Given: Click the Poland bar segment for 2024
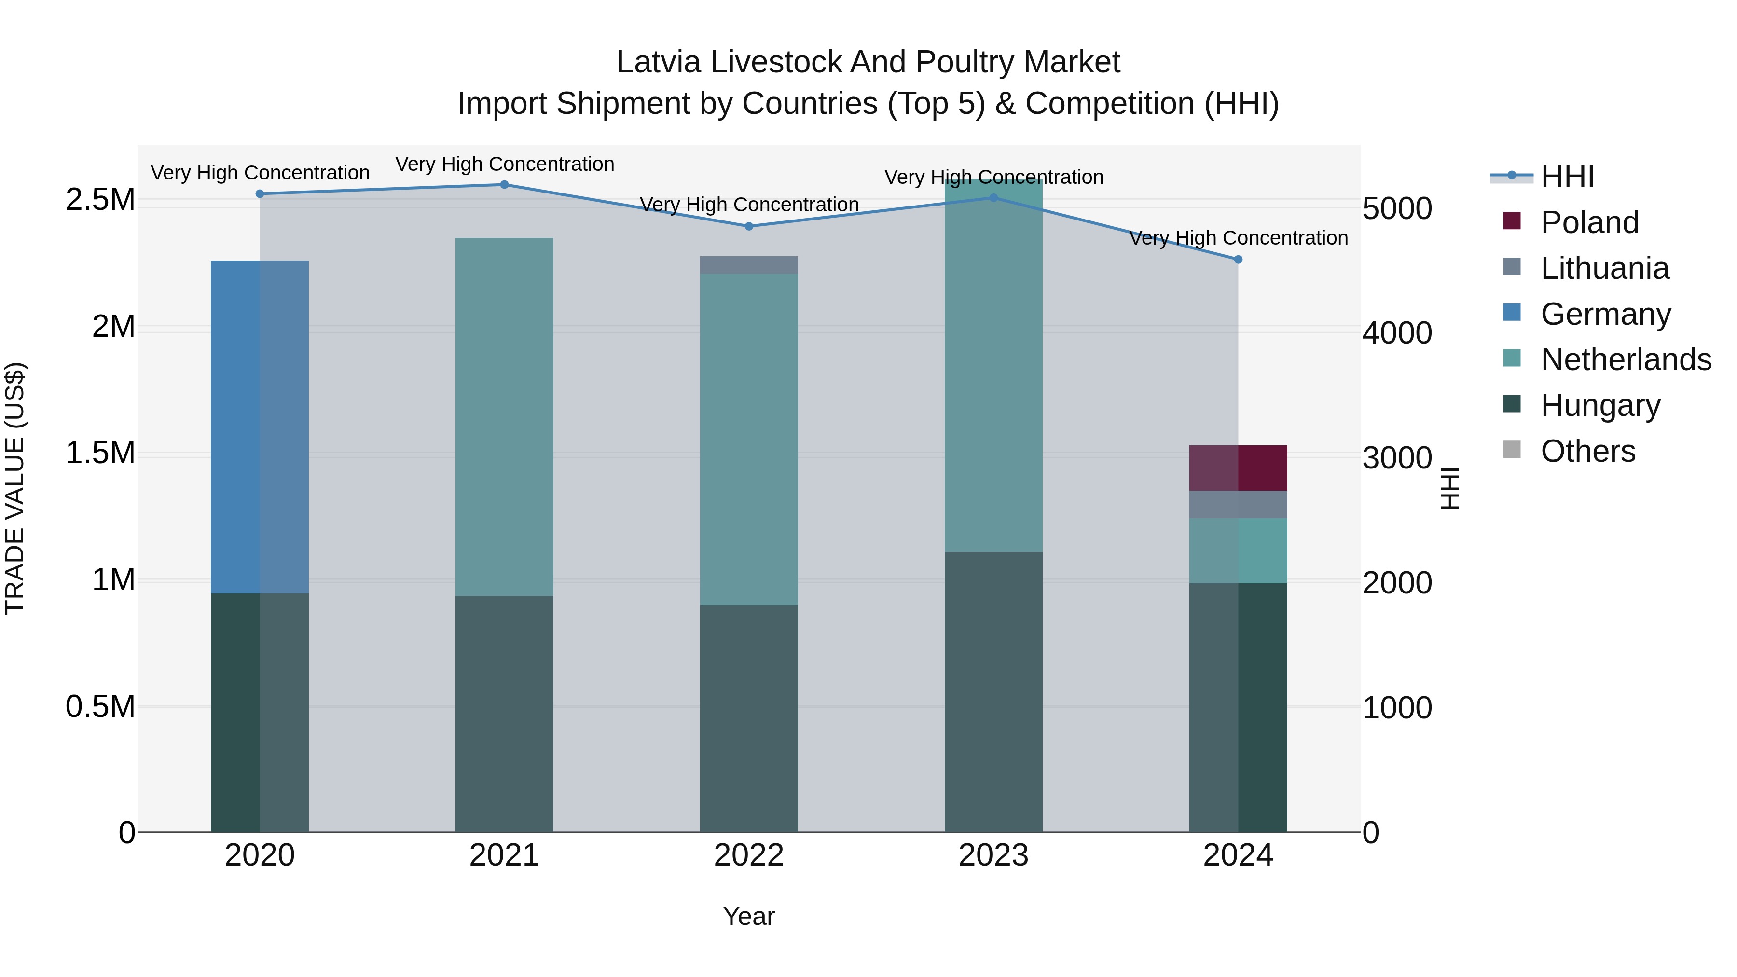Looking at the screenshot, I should coord(1238,468).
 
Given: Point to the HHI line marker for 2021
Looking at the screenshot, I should coord(504,185).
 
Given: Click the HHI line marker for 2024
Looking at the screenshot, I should coord(1238,260).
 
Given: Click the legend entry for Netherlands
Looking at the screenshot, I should coord(1626,359).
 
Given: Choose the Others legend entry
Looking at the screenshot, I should coord(1588,451).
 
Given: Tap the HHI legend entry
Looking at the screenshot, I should coord(1567,177).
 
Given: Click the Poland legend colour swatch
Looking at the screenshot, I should coord(1512,221).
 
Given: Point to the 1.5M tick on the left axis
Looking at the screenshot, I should coord(100,453).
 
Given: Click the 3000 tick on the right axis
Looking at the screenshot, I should coord(1397,458).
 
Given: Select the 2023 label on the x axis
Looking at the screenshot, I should coord(993,855).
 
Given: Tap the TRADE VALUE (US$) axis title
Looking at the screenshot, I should coord(15,488).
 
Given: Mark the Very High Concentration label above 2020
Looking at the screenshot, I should coord(260,173).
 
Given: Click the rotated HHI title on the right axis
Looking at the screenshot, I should coord(1450,488).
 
